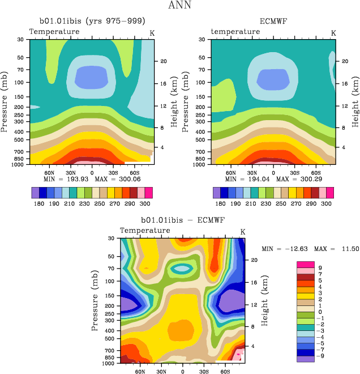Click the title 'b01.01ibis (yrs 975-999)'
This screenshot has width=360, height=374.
click(92, 22)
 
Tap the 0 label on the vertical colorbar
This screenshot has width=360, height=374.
click(320, 312)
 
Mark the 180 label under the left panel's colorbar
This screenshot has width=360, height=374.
click(38, 202)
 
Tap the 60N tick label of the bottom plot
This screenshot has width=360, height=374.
click(141, 372)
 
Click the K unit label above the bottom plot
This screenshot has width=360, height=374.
click(243, 232)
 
